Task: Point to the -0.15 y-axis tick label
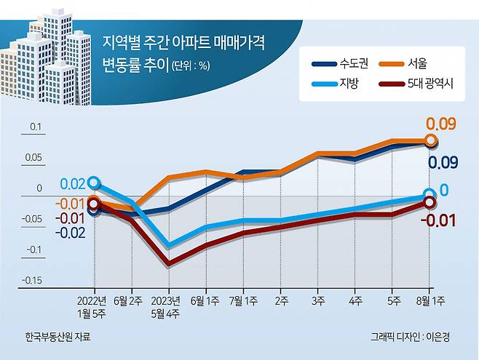[x=31, y=281]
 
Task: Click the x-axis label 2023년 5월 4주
[x=169, y=306]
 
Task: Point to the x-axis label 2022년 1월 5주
[x=94, y=306]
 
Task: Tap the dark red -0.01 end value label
[x=440, y=220]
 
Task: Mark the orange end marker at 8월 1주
[x=430, y=140]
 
